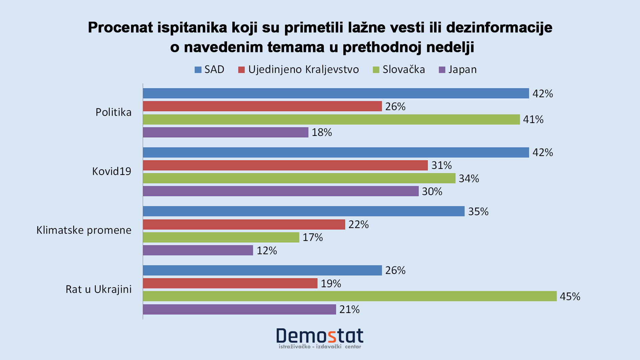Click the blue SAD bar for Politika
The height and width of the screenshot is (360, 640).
336,93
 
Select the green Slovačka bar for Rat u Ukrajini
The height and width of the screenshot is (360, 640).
350,296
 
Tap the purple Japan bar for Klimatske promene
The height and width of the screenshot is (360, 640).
198,250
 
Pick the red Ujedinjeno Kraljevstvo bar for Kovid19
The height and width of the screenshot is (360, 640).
285,165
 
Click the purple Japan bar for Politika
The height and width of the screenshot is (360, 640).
226,132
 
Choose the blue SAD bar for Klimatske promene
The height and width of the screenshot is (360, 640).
304,211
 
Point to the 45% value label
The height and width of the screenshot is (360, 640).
570,296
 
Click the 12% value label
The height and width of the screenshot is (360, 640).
267,251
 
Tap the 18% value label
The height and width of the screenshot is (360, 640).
322,133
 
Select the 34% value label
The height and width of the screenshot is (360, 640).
469,179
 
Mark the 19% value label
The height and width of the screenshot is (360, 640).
331,284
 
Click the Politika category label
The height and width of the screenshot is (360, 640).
113,112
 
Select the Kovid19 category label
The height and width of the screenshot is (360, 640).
111,171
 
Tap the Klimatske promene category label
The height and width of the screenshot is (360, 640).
84,230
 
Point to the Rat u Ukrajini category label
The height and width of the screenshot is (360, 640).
98,289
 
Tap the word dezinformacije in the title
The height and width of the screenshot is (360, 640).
499,27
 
